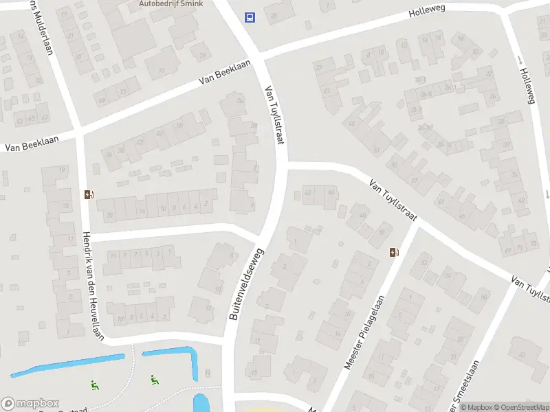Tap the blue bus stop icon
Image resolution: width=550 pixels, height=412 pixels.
(x=250, y=17)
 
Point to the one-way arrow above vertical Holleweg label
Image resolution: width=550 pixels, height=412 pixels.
(x=520, y=60)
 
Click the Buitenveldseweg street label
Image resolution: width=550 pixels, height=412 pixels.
(x=244, y=282)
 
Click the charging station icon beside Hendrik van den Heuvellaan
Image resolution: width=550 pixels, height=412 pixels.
(x=88, y=194)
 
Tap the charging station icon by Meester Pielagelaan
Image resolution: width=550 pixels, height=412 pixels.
(x=393, y=253)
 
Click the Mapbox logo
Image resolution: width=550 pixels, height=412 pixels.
(x=30, y=404)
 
